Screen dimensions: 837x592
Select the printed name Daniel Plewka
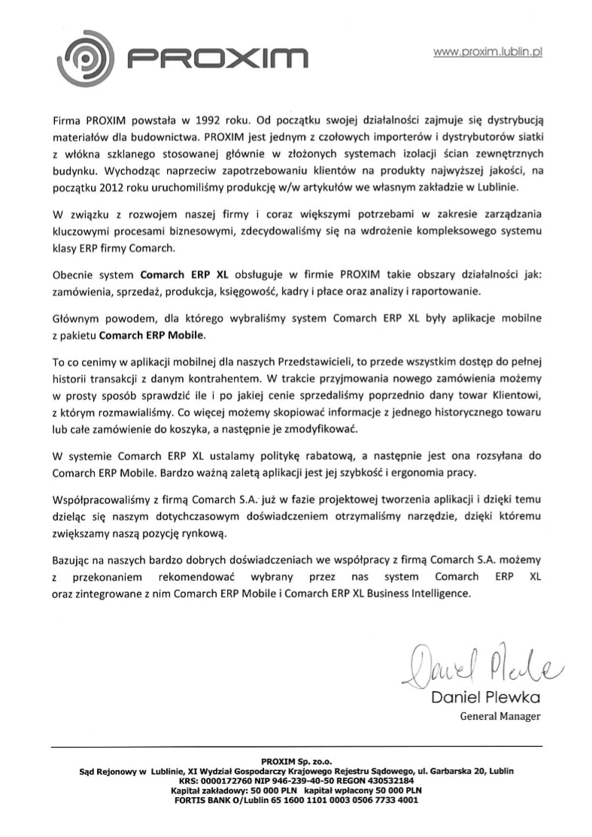point(486,698)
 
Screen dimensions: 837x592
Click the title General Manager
point(499,716)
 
